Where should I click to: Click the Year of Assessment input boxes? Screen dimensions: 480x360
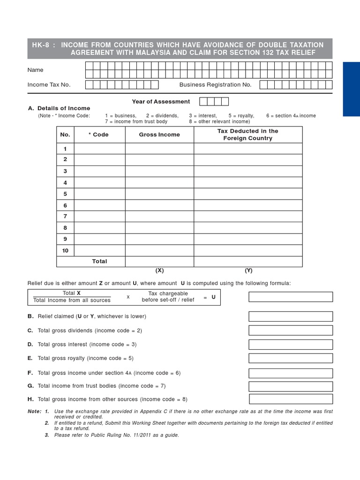coord(214,102)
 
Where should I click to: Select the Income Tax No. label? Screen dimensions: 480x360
coord(49,85)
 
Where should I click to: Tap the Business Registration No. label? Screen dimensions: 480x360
coord(216,85)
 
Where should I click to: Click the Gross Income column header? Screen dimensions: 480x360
coord(159,135)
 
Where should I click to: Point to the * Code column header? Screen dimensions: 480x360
coord(98,135)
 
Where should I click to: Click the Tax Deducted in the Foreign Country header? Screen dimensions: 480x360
coord(247,135)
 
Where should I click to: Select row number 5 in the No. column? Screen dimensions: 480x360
coord(65,194)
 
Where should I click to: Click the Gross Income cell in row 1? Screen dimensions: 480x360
coord(159,149)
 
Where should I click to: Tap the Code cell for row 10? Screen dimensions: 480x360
coord(99,251)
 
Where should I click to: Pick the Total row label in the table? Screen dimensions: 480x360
coord(99,262)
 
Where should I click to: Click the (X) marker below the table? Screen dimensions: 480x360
coord(159,270)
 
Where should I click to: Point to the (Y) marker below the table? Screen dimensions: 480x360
coord(248,270)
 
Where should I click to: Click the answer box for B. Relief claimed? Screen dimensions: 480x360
coord(291,316)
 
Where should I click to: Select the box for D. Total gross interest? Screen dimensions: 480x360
coord(291,345)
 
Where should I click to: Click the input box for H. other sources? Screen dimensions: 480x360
coord(291,399)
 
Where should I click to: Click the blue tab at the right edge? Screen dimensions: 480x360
coord(351,89)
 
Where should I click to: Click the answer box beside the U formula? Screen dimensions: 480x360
coord(291,297)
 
